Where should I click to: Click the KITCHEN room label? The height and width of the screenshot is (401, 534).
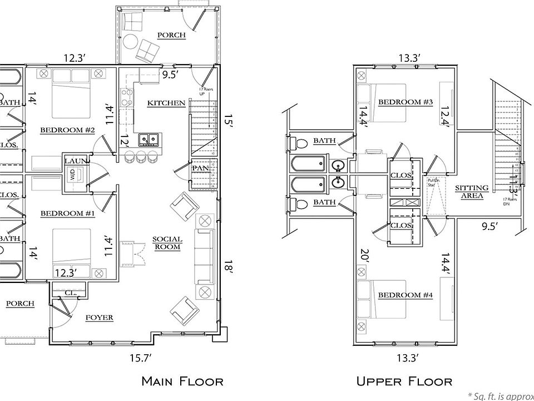(166, 103)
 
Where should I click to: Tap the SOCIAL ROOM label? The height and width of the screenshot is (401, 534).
(167, 243)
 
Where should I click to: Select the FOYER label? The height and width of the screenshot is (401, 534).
(100, 317)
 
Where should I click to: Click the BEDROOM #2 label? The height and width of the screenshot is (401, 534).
(67, 130)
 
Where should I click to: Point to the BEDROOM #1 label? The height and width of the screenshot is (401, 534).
(67, 213)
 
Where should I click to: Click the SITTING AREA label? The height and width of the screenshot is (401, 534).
(472, 192)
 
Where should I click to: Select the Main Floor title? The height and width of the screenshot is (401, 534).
(182, 382)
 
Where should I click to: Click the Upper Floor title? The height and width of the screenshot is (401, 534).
(404, 382)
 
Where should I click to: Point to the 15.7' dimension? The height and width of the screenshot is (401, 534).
(141, 358)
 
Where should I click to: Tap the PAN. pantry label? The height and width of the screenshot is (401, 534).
(200, 168)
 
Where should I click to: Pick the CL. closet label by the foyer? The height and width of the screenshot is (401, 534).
(70, 291)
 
